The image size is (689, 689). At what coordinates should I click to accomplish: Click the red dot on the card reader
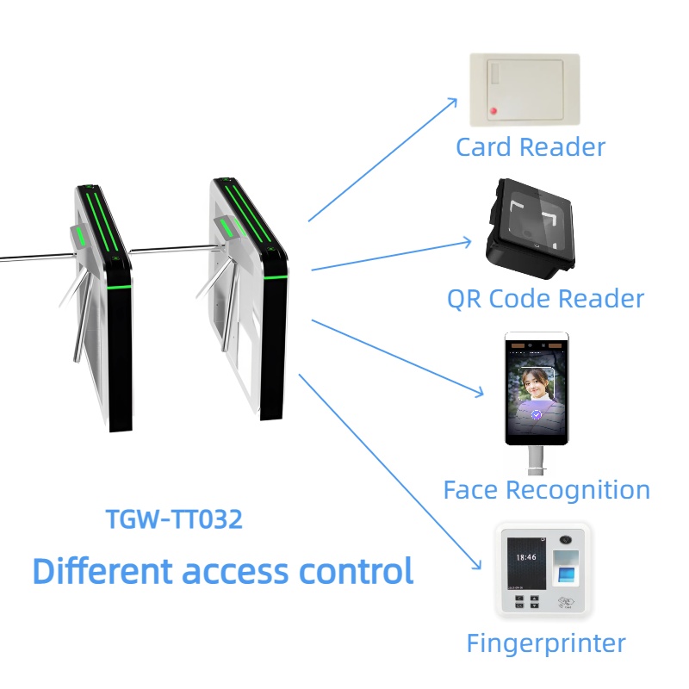(493, 110)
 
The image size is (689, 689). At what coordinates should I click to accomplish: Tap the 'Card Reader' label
(530, 147)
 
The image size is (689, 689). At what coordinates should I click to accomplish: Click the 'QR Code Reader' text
(545, 299)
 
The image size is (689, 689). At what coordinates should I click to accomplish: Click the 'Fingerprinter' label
(545, 642)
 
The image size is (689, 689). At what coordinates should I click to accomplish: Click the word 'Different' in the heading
(96, 571)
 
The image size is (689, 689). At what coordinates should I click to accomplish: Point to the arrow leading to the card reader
(383, 159)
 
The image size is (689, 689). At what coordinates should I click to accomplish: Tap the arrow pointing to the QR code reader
(392, 256)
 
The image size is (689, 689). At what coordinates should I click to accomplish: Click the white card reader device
(525, 90)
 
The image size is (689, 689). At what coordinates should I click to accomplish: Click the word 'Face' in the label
(470, 490)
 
